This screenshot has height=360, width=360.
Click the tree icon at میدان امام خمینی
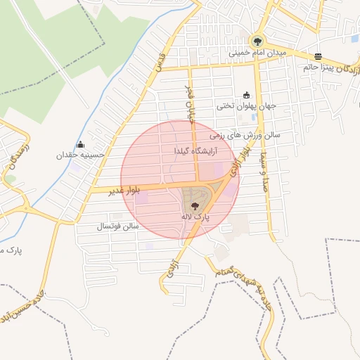click(257, 41)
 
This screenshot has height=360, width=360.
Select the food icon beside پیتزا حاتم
click(319, 56)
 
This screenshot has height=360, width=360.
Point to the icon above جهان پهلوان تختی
click(246, 96)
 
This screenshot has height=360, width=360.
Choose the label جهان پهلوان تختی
click(246, 106)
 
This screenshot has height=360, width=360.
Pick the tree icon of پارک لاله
click(195, 205)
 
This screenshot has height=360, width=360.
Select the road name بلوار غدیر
click(125, 191)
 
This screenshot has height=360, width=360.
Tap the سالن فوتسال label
click(118, 226)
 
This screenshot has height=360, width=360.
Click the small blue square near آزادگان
click(354, 39)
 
